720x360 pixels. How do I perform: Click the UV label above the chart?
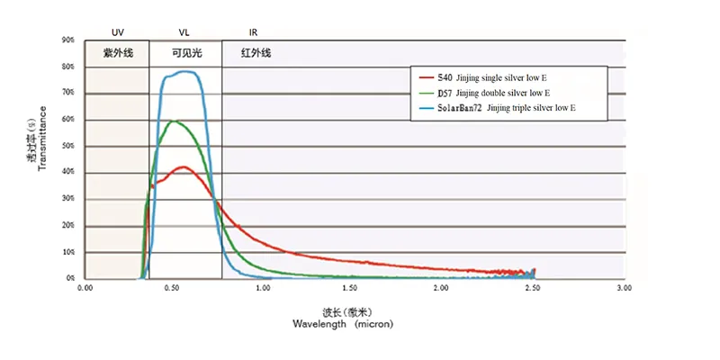click(118, 31)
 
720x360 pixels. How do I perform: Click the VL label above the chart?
click(184, 31)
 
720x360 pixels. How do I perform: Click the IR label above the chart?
click(253, 31)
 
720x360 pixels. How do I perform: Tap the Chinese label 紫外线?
click(118, 53)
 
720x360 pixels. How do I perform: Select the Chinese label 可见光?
click(186, 53)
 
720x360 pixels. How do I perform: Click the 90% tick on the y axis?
click(67, 40)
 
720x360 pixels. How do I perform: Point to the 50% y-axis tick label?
click(67, 146)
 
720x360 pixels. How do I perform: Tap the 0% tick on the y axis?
click(69, 278)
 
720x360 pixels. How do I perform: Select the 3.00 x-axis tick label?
click(625, 289)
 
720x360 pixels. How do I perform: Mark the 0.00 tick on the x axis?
click(85, 289)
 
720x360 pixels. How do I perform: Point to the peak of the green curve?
click(175, 121)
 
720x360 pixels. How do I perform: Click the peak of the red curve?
click(184, 166)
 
